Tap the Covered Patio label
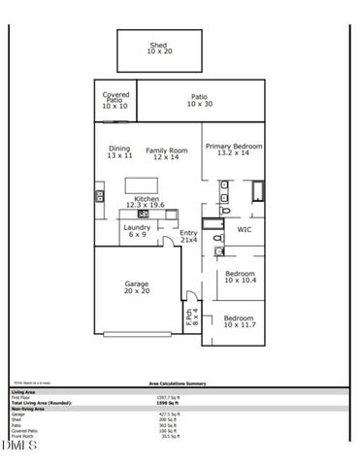115,100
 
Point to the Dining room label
119,152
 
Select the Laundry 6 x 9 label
136,230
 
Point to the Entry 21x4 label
190,239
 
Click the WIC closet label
245,229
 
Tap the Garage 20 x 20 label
136,287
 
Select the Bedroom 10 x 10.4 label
240,277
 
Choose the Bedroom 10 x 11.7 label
239,321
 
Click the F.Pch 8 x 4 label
191,316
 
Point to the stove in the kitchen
100,197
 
